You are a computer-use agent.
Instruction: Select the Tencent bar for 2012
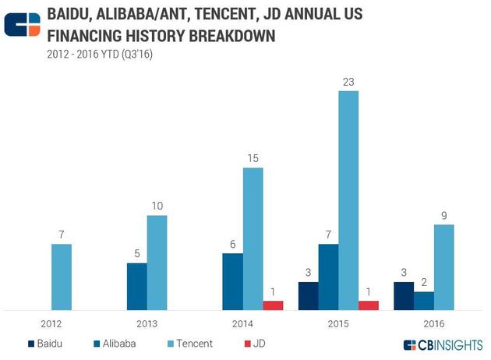(62, 277)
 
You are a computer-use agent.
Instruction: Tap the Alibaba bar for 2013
(137, 286)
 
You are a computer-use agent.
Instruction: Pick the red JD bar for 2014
(273, 305)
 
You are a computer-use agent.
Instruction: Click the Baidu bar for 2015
(309, 295)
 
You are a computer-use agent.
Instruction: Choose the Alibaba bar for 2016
(424, 301)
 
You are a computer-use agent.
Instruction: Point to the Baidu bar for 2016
(404, 295)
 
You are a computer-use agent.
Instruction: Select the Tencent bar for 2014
(253, 238)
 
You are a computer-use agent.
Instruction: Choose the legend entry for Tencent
(190, 344)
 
